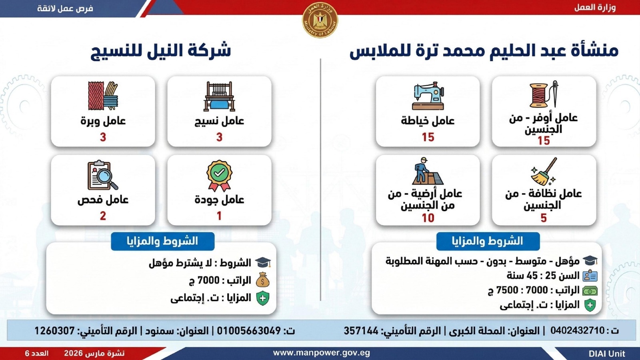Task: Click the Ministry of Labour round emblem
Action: (x=320, y=20)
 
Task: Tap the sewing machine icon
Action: (x=428, y=96)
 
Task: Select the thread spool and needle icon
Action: (x=544, y=94)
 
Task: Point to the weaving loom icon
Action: (x=219, y=96)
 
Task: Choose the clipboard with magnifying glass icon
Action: (x=103, y=175)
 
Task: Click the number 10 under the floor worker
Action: (x=428, y=218)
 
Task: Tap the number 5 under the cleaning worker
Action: (x=544, y=218)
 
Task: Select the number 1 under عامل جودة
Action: (x=219, y=216)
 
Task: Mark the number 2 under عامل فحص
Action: (x=103, y=216)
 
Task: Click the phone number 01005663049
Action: (x=248, y=331)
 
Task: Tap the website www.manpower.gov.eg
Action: (x=322, y=353)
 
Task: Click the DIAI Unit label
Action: (x=607, y=354)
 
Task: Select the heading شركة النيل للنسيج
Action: (x=161, y=51)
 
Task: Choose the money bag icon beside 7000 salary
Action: (x=262, y=280)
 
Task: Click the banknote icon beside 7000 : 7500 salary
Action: (x=590, y=291)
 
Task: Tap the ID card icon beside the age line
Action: (x=590, y=276)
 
